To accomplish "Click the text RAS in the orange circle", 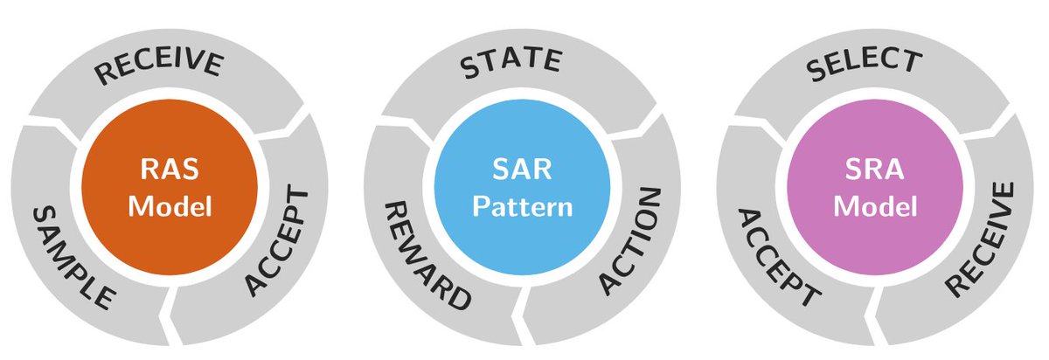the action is coord(170,169).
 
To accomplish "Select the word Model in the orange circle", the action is coord(170,207).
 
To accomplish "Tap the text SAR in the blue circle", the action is coord(522,169).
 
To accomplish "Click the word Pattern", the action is coord(522,208).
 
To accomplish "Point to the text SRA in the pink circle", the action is coord(874,169).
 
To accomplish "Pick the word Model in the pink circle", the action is coord(874,207).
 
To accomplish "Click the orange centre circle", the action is coord(170,140).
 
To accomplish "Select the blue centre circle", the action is coord(522,140).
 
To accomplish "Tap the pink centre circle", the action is coord(874,140).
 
